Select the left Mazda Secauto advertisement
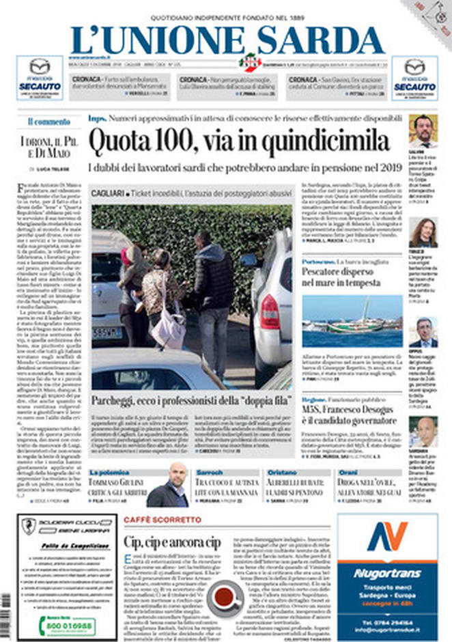[x=40, y=78]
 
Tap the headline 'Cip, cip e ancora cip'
[x=172, y=542]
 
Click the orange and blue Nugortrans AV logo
[x=387, y=535]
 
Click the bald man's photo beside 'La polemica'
[x=168, y=485]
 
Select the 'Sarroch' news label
[x=209, y=472]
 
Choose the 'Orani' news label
[x=348, y=472]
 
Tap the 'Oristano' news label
[x=281, y=472]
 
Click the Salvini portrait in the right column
[x=423, y=130]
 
